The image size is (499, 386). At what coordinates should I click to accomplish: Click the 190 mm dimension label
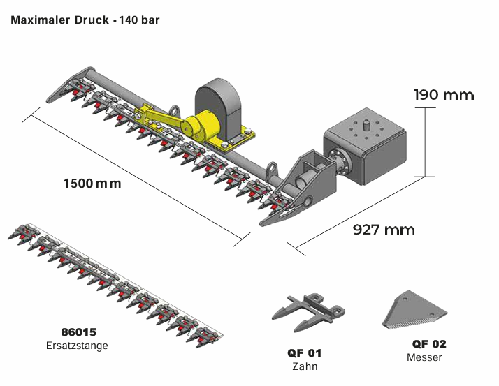443,95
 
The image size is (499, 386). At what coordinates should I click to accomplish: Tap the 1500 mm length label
92,184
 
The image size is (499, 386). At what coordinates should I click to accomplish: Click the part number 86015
78,332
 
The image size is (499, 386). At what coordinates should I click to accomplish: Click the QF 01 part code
304,353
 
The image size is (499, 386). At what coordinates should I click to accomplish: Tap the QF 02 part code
428,344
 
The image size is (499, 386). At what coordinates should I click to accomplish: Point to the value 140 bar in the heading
139,20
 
